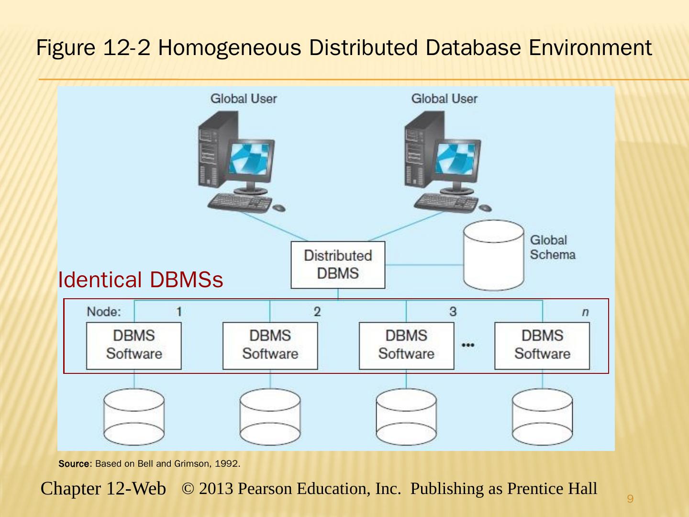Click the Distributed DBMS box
pyautogui.click(x=338, y=265)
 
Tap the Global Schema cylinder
pyautogui.click(x=494, y=256)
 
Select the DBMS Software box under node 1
pyautogui.click(x=134, y=345)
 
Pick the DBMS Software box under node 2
pyautogui.click(x=270, y=345)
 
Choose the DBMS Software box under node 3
pyautogui.click(x=406, y=345)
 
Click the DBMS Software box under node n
pyautogui.click(x=542, y=345)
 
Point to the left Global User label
pyautogui.click(x=244, y=99)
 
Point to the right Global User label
pyautogui.click(x=444, y=99)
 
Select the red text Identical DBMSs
pyautogui.click(x=140, y=280)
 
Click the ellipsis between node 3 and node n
pyautogui.click(x=468, y=345)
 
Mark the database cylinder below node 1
pyautogui.click(x=134, y=417)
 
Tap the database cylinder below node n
pyautogui.click(x=542, y=417)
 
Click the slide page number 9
pyautogui.click(x=630, y=500)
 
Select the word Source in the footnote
pyautogui.click(x=74, y=464)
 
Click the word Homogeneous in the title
pyautogui.click(x=229, y=48)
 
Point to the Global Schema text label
pyautogui.click(x=552, y=247)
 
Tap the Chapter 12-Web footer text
pyautogui.click(x=103, y=489)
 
